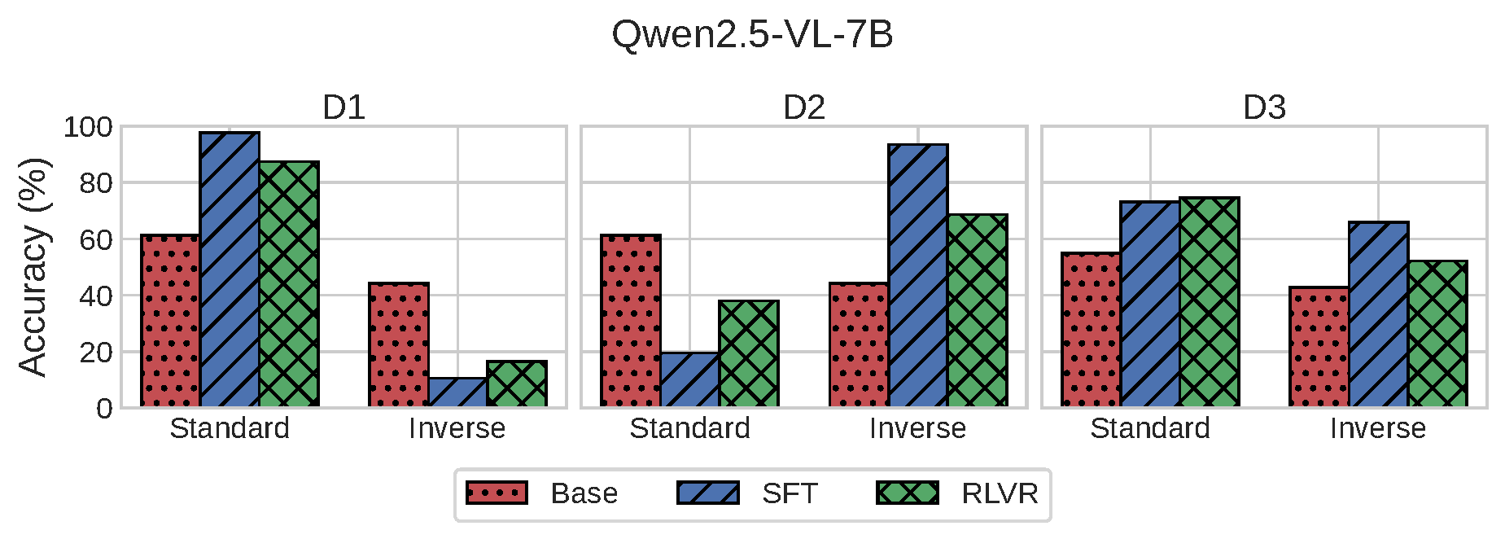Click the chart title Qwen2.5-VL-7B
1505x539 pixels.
[x=752, y=35]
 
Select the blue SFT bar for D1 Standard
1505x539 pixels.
[x=230, y=269]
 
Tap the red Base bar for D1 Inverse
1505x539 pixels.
[x=399, y=344]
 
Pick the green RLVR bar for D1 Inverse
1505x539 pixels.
[x=517, y=383]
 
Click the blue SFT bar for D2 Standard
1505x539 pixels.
[x=689, y=379]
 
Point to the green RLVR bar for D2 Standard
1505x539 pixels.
[x=749, y=353]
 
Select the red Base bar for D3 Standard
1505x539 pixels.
[x=1092, y=330]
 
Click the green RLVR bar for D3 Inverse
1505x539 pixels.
[x=1437, y=334]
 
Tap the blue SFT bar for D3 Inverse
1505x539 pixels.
[x=1379, y=313]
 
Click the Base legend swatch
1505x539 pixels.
[x=497, y=493]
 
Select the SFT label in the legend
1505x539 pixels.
[x=790, y=493]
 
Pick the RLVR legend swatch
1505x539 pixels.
[x=908, y=493]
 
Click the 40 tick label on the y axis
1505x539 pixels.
[x=97, y=296]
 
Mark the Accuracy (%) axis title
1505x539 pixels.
[x=33, y=267]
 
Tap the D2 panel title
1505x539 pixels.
[x=804, y=107]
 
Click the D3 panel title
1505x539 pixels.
[x=1264, y=107]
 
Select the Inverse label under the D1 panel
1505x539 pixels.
[x=457, y=428]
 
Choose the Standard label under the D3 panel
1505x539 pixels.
[x=1150, y=428]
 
